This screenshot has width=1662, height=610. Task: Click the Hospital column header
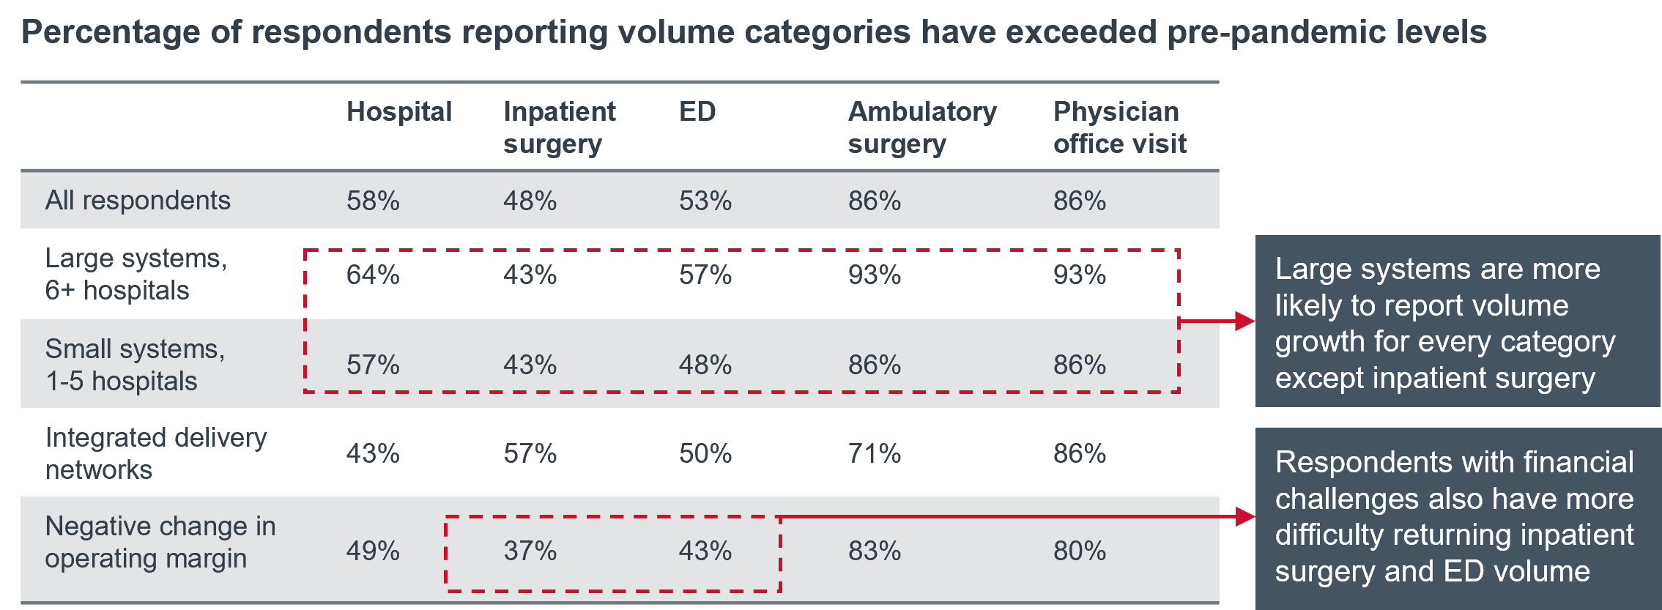[399, 112]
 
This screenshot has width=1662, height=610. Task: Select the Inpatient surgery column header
[559, 127]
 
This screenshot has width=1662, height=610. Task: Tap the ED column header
[697, 112]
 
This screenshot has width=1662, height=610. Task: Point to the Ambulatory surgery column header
[921, 127]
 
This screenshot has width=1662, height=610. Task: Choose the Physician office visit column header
[1119, 127]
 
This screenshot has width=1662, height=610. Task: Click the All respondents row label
[138, 200]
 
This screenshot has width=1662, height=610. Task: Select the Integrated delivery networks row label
[156, 453]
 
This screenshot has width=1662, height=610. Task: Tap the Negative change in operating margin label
[160, 542]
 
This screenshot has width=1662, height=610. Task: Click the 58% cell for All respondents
[373, 201]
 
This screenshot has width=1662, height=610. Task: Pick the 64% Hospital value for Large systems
[373, 275]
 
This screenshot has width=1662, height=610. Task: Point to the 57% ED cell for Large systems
[705, 275]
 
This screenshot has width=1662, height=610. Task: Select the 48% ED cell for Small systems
[705, 365]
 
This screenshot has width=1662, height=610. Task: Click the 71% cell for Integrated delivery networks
[874, 454]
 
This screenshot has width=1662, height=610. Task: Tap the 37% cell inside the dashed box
[530, 551]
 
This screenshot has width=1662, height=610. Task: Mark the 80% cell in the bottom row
[1079, 551]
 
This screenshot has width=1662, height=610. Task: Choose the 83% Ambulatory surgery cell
[874, 551]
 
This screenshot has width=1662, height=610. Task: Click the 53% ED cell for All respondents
[705, 201]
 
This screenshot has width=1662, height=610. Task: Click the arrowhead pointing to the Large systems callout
[1244, 321]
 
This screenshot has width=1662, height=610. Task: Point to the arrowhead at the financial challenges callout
[1244, 516]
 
